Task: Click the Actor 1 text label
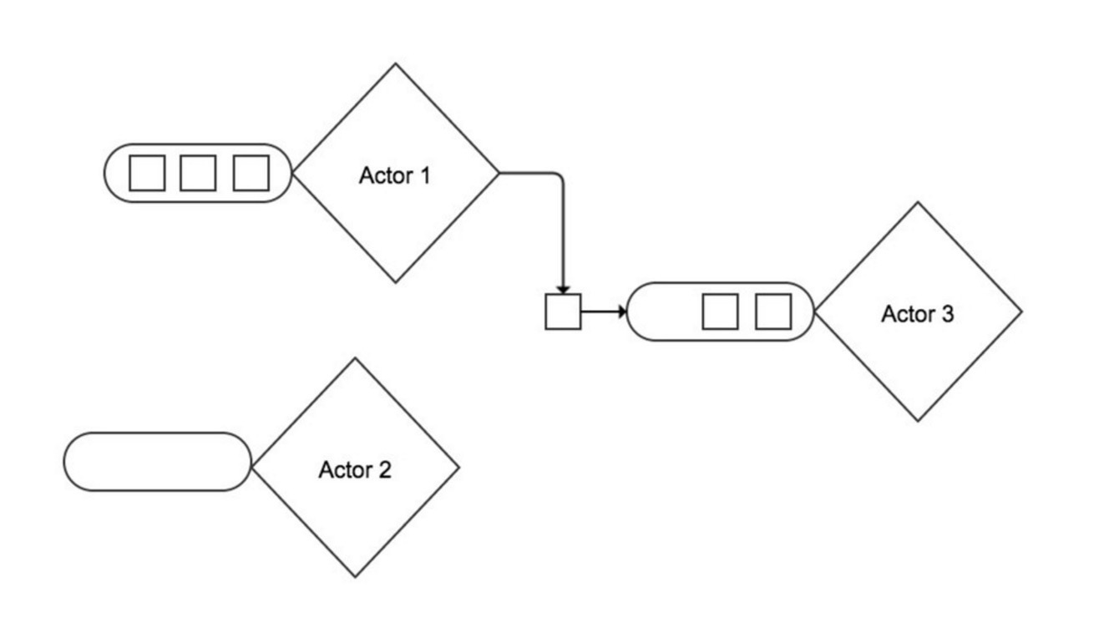(x=395, y=175)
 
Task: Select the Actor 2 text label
(x=355, y=470)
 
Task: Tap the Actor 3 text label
(x=918, y=314)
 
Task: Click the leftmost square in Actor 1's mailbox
(x=147, y=173)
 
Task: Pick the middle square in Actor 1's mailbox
(x=198, y=173)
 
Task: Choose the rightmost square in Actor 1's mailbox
(x=251, y=173)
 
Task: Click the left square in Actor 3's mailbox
(x=720, y=311)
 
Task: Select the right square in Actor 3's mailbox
(x=773, y=311)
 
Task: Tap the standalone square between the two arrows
(x=563, y=311)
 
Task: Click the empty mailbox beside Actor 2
(x=157, y=462)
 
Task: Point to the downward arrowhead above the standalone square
(x=563, y=288)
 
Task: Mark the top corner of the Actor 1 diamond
(x=395, y=64)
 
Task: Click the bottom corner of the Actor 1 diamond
(x=395, y=282)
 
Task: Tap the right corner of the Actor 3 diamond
(x=1021, y=311)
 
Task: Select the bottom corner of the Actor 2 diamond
(x=356, y=576)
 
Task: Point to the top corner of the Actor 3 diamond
(x=918, y=203)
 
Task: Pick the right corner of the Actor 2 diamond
(x=458, y=468)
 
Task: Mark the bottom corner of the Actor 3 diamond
(x=918, y=421)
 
